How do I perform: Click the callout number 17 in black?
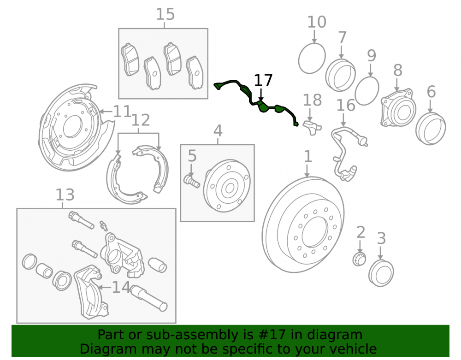point(263,80)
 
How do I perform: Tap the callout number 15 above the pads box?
point(165,14)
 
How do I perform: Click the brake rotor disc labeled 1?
point(303,225)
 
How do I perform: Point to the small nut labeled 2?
point(359,259)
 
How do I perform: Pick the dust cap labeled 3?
point(381,273)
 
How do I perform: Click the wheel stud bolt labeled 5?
point(191,180)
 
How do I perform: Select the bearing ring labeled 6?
point(431,129)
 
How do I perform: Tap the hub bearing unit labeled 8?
point(398,108)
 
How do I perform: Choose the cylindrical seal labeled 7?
point(341,75)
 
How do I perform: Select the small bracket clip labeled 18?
point(312,127)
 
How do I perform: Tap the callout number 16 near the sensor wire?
point(346,105)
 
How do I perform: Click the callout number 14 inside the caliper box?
point(121,287)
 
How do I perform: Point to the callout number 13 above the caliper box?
point(65,195)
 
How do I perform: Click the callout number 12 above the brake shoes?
point(141,120)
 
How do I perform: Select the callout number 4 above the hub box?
point(218,131)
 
